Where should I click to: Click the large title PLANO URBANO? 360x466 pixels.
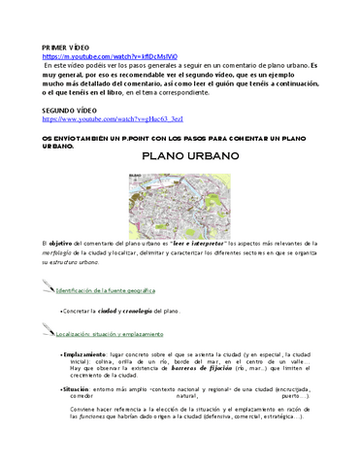180,156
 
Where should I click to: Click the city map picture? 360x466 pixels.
180,198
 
